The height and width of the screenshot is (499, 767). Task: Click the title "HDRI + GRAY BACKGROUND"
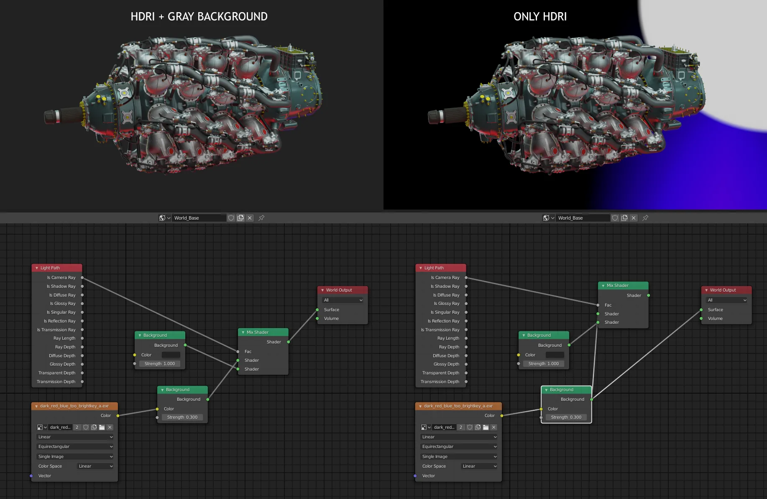pos(199,17)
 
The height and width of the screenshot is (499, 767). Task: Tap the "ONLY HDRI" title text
pos(540,17)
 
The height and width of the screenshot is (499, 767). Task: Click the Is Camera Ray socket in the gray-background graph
pos(82,278)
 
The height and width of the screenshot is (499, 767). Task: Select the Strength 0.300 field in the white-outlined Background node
pos(566,417)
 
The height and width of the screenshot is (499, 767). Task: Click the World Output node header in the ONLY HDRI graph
pos(726,290)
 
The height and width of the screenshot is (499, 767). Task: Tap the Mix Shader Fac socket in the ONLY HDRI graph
pos(598,305)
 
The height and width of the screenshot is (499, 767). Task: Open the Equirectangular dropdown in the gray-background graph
pos(75,447)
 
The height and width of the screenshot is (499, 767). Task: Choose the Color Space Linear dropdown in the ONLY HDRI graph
pos(479,466)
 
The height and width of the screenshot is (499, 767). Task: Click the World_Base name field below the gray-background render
pos(199,218)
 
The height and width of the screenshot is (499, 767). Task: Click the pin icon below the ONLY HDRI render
pos(645,218)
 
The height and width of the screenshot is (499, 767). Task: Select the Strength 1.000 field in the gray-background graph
pos(160,364)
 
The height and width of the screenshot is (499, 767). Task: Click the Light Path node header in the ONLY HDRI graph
pos(440,268)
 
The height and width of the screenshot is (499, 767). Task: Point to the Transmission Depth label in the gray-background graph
pos(56,382)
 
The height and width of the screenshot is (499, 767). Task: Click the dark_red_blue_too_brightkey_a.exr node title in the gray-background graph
pos(74,406)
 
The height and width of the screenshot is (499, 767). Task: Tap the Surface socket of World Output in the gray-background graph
pos(317,310)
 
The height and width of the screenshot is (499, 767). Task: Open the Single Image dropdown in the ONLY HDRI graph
pos(459,457)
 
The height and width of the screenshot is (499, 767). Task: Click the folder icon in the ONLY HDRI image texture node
pos(486,427)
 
